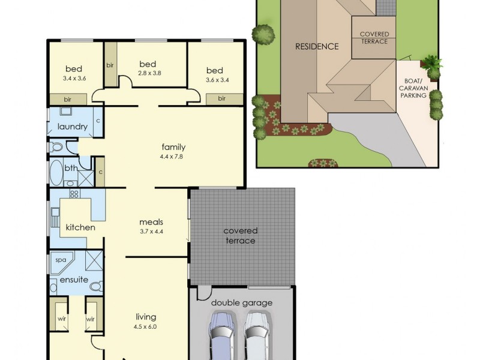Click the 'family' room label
point(173,147)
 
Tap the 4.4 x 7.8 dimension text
point(173,157)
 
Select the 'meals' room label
point(151,222)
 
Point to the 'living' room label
point(146,317)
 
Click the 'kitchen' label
point(80,227)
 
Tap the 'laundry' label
point(73,127)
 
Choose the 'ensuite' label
point(74,280)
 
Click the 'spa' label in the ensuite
point(61,260)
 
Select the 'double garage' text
point(241,303)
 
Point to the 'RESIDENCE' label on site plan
point(317,46)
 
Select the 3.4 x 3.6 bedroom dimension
point(74,78)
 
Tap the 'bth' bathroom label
point(71,169)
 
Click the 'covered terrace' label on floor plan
point(240,235)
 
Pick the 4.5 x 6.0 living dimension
point(146,327)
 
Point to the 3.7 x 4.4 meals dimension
point(151,232)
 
